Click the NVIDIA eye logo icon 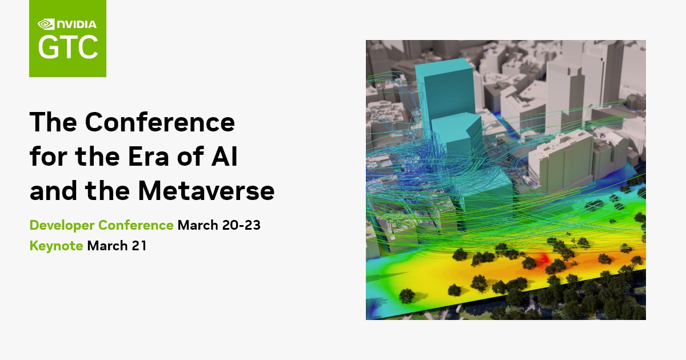point(45,25)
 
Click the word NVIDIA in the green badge point(76,25)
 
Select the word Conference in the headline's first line point(160,122)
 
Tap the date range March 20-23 point(219,225)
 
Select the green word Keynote point(57,246)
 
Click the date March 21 point(117,246)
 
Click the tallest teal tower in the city point(444,89)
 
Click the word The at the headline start point(53,122)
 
